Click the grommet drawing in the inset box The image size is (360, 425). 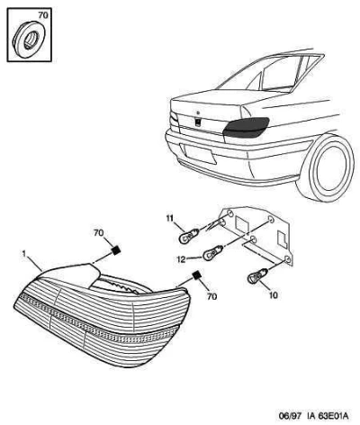(29, 38)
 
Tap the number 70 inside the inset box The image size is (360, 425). (43, 15)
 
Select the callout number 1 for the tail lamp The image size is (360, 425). (24, 254)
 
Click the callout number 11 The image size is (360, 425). (170, 218)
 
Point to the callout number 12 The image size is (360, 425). (182, 259)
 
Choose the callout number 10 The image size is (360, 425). (274, 295)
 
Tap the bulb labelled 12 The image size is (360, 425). (212, 254)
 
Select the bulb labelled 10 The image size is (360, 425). (257, 276)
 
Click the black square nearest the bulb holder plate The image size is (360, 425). (197, 275)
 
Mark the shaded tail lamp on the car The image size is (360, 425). (247, 127)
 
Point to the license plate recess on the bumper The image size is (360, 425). (198, 154)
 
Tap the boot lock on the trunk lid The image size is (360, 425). (198, 122)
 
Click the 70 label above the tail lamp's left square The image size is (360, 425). (99, 233)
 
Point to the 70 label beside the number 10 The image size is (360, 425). (212, 296)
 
